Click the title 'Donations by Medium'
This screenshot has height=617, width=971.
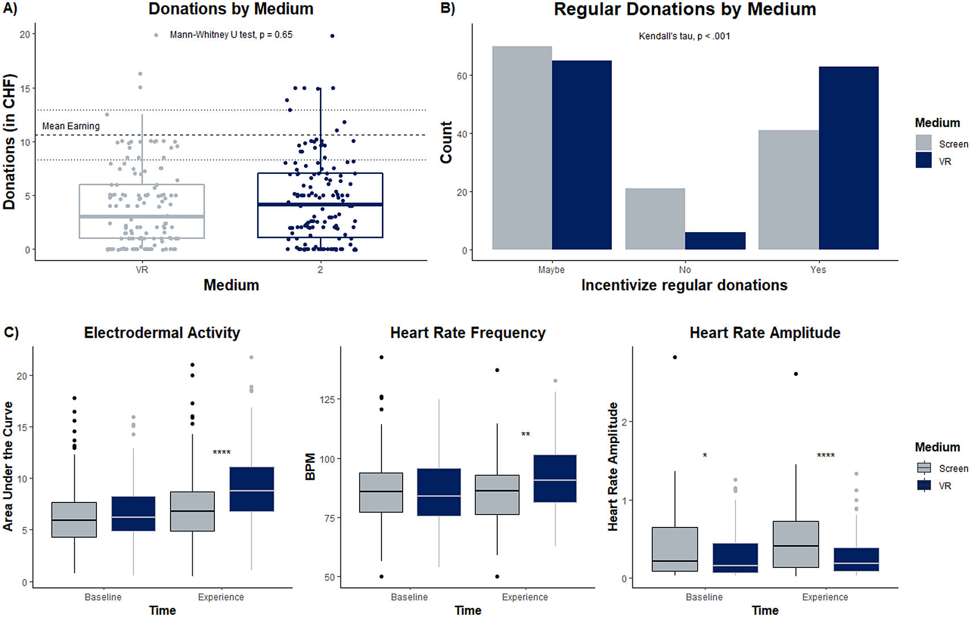point(231,9)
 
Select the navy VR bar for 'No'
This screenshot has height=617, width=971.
point(715,241)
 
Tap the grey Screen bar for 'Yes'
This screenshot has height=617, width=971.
point(788,189)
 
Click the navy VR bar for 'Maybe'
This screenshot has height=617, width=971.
point(582,155)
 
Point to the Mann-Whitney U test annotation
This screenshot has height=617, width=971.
point(231,35)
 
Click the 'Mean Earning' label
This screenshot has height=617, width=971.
point(71,126)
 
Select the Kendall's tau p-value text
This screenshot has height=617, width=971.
point(684,36)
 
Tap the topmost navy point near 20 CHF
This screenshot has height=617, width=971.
point(332,36)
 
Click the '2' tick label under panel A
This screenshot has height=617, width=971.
point(320,270)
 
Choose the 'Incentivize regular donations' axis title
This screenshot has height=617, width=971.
point(684,285)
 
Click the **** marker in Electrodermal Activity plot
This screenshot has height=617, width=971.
point(221,453)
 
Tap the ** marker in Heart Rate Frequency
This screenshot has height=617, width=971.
point(526,435)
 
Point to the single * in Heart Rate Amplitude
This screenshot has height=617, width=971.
point(705,456)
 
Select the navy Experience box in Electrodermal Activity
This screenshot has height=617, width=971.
point(251,489)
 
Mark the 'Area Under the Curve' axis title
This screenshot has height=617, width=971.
point(8,466)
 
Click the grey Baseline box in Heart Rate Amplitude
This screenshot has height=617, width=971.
point(675,549)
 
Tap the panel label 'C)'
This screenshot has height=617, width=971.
point(11,332)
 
